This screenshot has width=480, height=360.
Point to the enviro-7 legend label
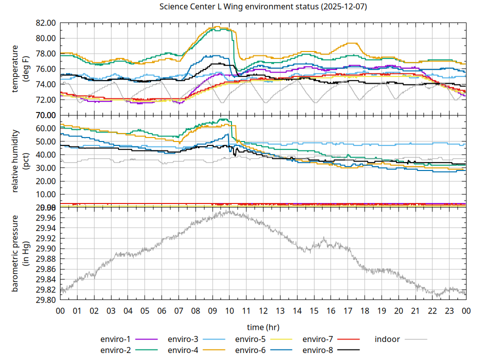[318, 339]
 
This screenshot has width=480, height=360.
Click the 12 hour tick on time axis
[263, 310]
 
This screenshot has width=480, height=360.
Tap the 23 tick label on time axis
[449, 310]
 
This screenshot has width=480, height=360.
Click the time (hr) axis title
[263, 326]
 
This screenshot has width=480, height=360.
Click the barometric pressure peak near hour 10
[229, 211]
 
